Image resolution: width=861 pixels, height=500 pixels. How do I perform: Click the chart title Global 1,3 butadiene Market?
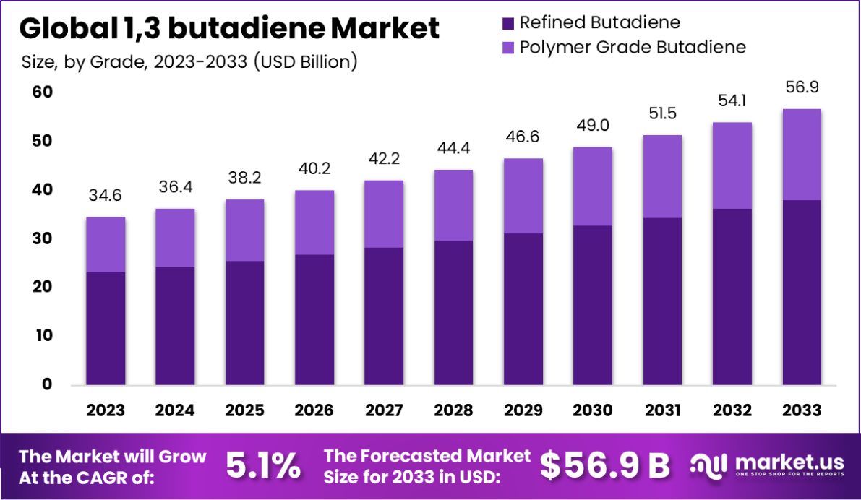tap(229, 29)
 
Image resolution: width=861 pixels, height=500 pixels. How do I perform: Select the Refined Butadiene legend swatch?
tap(506, 23)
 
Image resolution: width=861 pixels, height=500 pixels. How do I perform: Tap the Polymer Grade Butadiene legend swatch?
tap(506, 48)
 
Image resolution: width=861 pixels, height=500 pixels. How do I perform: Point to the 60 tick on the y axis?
tap(42, 92)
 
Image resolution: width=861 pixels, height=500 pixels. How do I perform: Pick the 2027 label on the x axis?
tap(384, 410)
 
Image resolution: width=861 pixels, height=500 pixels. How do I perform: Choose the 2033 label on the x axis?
tap(802, 410)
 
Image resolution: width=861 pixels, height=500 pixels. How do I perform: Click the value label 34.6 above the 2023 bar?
tap(106, 196)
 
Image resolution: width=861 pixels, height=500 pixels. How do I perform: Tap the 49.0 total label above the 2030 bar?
tap(593, 126)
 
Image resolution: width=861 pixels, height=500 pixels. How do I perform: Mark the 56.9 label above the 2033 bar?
tap(802, 87)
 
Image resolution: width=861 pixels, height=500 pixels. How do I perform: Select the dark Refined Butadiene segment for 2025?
tap(245, 322)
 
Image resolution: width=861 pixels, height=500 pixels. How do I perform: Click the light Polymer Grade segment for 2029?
tap(523, 196)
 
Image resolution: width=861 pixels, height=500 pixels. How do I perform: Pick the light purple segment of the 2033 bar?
tap(802, 155)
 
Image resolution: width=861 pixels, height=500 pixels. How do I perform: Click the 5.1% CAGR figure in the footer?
tap(263, 466)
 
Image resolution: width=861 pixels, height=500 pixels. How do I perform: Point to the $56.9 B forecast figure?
tap(605, 466)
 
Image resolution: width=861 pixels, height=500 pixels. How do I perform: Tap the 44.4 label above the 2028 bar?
tap(454, 149)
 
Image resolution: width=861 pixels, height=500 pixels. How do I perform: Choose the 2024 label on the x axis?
tap(175, 410)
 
